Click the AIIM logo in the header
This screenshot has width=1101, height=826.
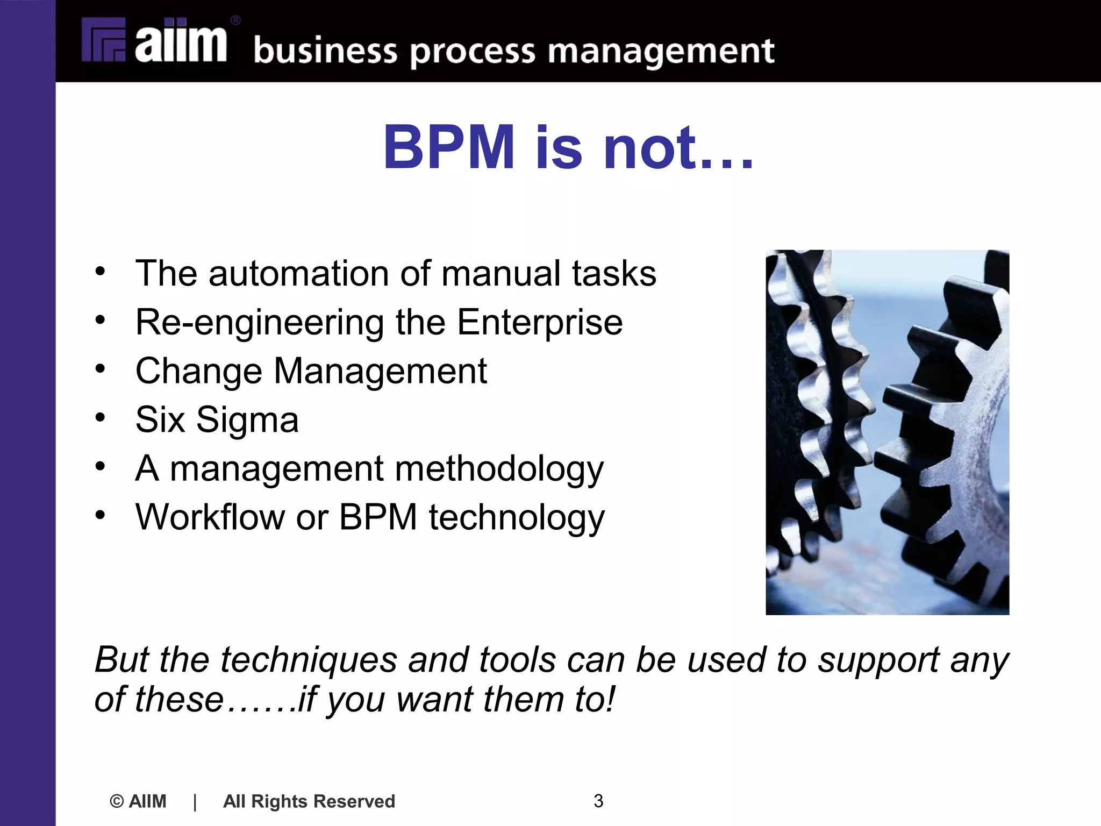[155, 40]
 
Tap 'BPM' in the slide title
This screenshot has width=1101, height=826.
[449, 147]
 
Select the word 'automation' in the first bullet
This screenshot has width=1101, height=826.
[298, 273]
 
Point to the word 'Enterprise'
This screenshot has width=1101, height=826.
[540, 322]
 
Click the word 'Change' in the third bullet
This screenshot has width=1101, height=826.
[198, 371]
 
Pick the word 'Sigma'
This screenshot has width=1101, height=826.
[247, 419]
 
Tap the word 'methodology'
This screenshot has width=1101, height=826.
[499, 469]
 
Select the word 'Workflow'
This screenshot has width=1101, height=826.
[210, 517]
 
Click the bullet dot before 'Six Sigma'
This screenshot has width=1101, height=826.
[101, 417]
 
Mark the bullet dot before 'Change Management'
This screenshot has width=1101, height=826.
[101, 368]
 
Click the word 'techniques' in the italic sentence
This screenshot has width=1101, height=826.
[309, 660]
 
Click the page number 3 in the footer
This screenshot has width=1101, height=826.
[598, 801]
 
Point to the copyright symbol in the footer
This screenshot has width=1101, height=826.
[116, 801]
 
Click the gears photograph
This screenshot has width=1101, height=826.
[887, 432]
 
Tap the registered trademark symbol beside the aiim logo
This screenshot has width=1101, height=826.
[235, 21]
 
